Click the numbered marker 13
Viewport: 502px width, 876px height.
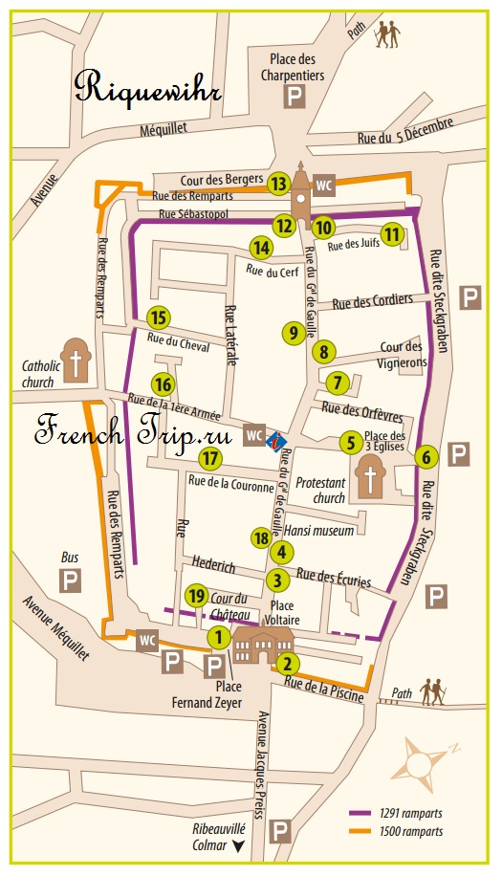point(278,184)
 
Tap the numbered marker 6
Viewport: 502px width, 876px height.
point(427,457)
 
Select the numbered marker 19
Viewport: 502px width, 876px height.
point(197,596)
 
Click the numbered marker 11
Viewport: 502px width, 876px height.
point(391,233)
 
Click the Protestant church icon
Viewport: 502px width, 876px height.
point(369,475)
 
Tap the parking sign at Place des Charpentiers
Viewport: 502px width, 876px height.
point(296,96)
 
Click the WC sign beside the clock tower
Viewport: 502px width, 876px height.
point(325,185)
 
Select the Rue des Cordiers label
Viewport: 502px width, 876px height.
point(373,302)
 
